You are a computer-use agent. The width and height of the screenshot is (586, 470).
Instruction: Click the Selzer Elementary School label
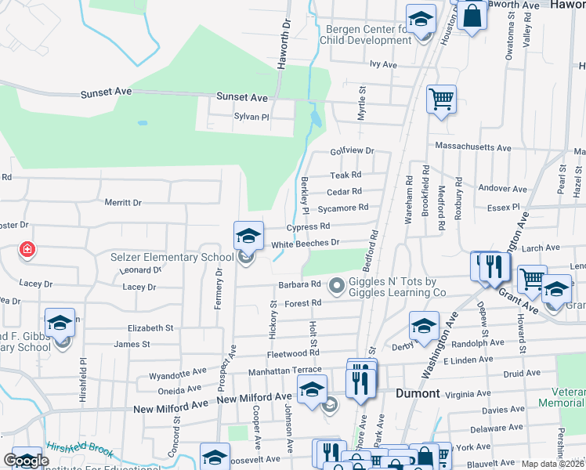pos(172,257)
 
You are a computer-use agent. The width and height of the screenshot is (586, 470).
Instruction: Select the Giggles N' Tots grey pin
pos(337,285)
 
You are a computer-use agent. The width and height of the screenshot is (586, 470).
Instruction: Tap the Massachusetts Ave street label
pos(473,147)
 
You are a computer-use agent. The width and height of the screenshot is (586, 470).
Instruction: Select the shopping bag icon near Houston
pos(472,16)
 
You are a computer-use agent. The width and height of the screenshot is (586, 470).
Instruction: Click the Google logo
pos(27,461)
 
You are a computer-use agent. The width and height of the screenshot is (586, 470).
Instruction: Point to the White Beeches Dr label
pos(305,244)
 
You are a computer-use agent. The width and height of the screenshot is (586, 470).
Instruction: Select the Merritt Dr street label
pos(123,202)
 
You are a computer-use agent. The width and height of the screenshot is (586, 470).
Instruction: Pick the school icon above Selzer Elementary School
pos(248,233)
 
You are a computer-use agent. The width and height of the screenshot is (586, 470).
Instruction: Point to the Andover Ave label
pos(503,189)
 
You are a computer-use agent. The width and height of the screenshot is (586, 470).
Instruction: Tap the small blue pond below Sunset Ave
pos(316,119)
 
